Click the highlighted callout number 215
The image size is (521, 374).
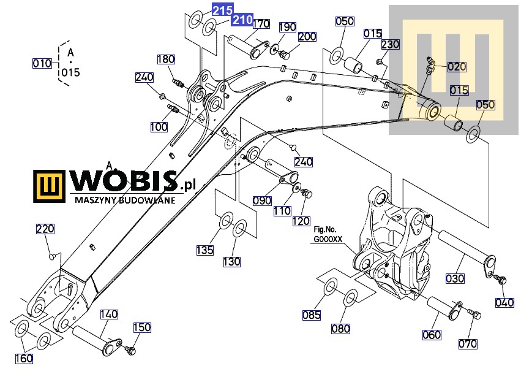pos(222,10)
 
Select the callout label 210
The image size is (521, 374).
pos(242,20)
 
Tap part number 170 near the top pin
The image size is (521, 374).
pos(261,24)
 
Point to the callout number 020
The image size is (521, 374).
pos(457,67)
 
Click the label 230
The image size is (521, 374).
pos(390,45)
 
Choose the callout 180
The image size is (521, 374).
pos(166,59)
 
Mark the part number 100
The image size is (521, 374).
pos(159,127)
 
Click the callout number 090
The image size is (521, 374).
pos(262,200)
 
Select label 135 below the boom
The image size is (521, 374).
pos(205,250)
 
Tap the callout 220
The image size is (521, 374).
pos(45,229)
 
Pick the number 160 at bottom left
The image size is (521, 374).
pos(24,359)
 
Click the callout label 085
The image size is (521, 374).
pos(312,316)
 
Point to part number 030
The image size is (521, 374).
pos(455,278)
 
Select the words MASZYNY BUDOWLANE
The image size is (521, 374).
pos(125,200)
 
